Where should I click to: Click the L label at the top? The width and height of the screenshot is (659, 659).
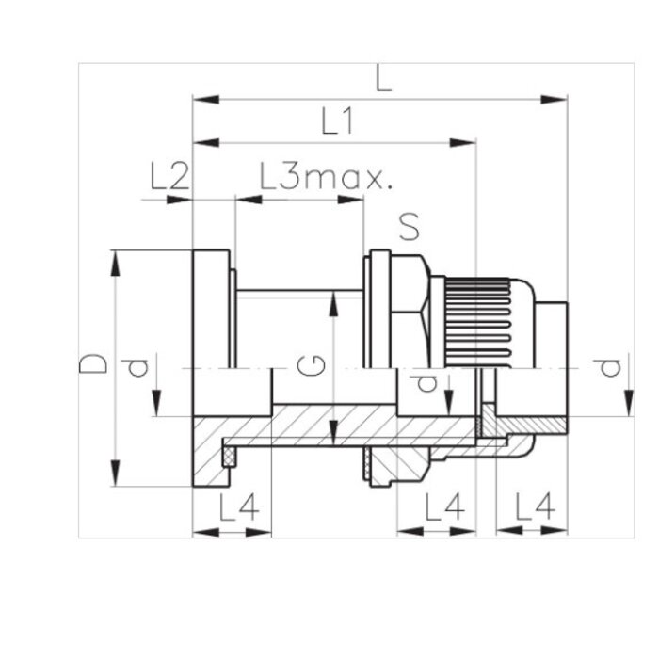pyautogui.click(x=381, y=79)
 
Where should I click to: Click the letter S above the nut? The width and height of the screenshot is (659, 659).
pyautogui.click(x=407, y=227)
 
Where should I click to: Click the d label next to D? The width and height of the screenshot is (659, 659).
pyautogui.click(x=138, y=365)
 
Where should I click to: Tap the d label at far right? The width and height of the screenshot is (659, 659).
pyautogui.click(x=612, y=365)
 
